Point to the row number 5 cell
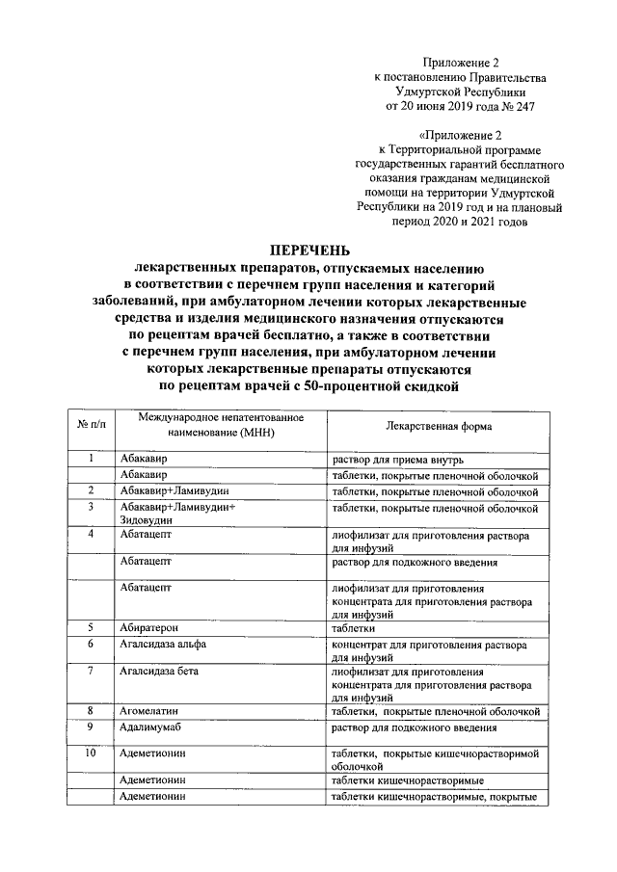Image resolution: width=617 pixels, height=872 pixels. pos(89,626)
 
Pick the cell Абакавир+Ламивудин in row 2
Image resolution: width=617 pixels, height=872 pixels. pos(174,491)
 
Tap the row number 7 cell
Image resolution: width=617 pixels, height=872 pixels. pos(89,671)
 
